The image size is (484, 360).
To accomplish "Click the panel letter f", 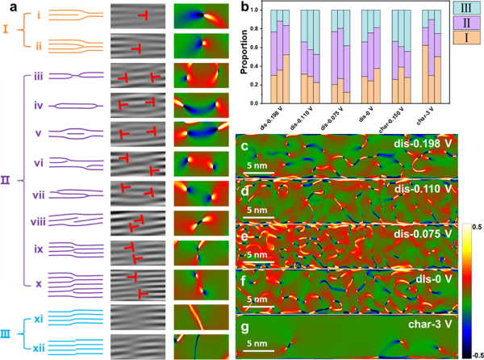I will [244, 282].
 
